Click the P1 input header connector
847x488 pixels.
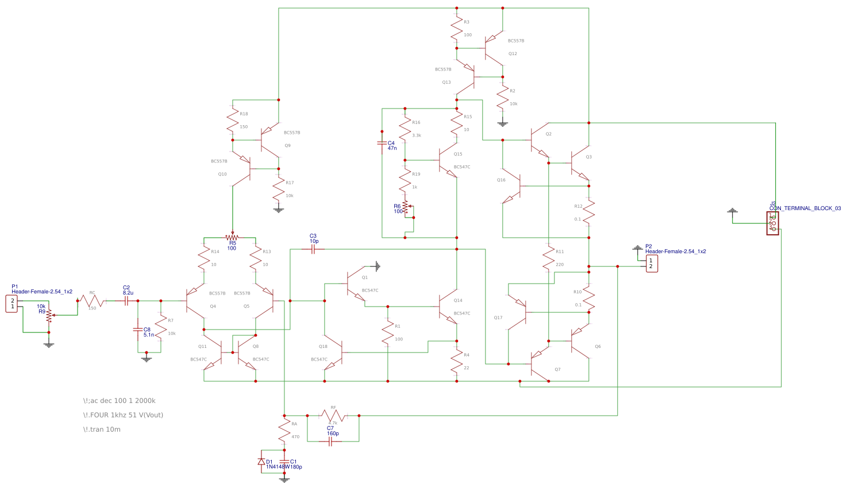tap(11, 303)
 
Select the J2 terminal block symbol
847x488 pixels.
tap(772, 223)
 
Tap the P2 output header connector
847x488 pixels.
tap(651, 264)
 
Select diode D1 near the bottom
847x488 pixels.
tap(261, 462)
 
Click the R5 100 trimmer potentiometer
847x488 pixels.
tap(232, 237)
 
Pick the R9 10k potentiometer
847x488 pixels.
tap(49, 315)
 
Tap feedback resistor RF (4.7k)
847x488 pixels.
tap(333, 415)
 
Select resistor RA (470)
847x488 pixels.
tap(284, 429)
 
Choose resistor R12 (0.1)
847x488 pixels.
tap(588, 211)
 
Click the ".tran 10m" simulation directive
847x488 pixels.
tap(102, 429)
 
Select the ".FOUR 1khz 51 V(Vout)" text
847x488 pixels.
tap(123, 415)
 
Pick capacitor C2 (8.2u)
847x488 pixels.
tap(126, 300)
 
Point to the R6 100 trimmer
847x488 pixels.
tap(405, 207)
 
